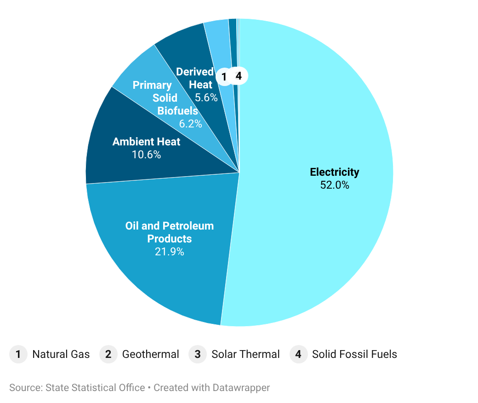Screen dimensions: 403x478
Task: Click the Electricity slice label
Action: tap(334, 172)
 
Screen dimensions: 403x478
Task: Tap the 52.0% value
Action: tap(334, 185)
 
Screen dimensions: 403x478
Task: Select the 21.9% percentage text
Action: tap(169, 252)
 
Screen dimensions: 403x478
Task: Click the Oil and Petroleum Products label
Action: tap(169, 232)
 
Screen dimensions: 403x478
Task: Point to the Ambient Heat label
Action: tap(146, 142)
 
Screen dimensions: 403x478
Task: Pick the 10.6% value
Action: tap(146, 155)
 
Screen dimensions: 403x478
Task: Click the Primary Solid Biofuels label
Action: tap(165, 98)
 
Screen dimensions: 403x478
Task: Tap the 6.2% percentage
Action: tap(190, 123)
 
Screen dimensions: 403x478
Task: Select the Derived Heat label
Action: tap(195, 78)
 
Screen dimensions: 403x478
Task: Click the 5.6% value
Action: tap(206, 98)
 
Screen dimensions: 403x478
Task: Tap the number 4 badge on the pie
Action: tap(239, 76)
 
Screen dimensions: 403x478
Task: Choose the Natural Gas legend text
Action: tap(61, 354)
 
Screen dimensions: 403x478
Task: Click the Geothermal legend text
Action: tap(150, 354)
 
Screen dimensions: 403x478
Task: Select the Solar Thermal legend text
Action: tap(245, 354)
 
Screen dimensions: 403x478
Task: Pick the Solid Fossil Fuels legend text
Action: tap(354, 354)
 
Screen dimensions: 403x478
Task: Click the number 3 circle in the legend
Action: tap(198, 354)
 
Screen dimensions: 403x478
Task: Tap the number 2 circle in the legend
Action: tap(108, 354)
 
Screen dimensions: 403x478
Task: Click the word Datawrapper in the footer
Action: tap(241, 388)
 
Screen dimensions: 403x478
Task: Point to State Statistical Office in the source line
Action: tap(95, 388)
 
